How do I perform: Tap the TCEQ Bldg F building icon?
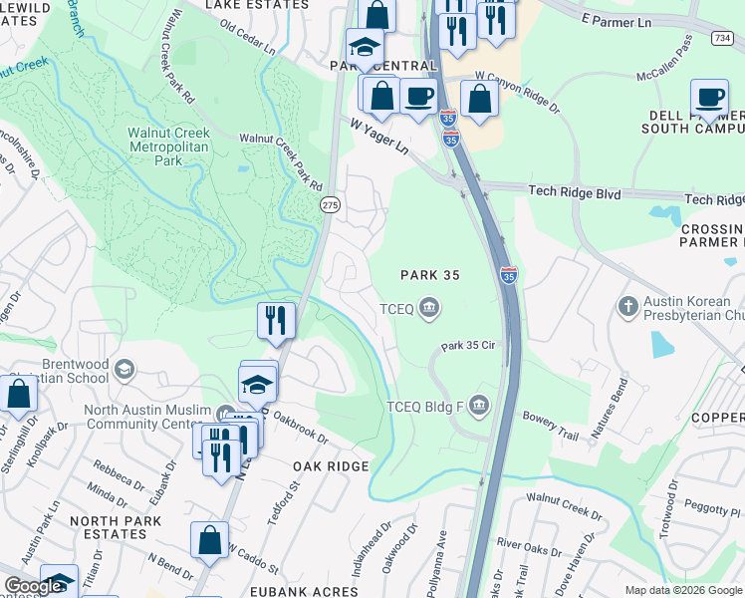(x=478, y=405)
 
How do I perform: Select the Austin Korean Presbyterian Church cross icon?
(x=627, y=305)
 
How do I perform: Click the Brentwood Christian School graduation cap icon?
(x=124, y=370)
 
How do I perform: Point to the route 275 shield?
(x=330, y=204)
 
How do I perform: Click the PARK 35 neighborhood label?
(x=429, y=275)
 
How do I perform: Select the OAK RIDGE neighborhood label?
(x=332, y=466)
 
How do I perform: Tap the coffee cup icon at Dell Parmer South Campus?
(x=710, y=98)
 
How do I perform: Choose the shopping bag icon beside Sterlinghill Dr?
(x=19, y=393)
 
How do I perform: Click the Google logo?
(x=34, y=586)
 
